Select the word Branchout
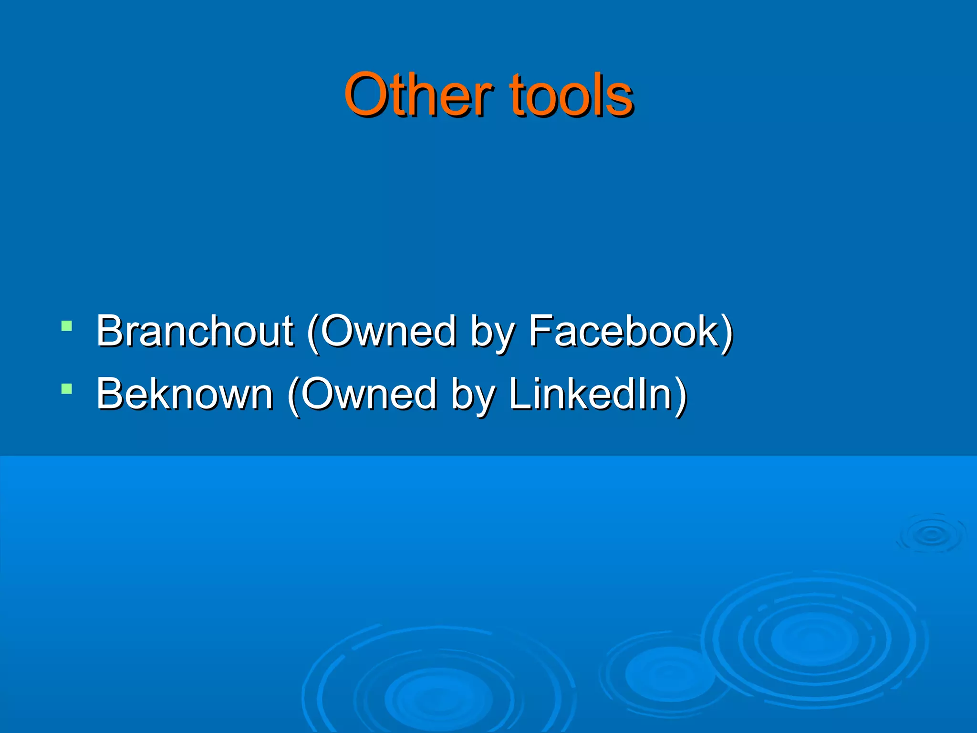coord(195,331)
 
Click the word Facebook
coord(624,331)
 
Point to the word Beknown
coord(185,394)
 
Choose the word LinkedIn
coord(590,394)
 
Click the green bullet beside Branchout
coord(67,326)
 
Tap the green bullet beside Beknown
coord(67,389)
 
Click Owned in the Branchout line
coord(387,331)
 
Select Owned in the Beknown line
coord(368,394)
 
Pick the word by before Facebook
coord(492,334)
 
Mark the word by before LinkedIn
coord(473,397)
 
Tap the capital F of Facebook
coord(541,331)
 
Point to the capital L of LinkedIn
coord(519,394)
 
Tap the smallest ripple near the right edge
coord(931,535)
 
